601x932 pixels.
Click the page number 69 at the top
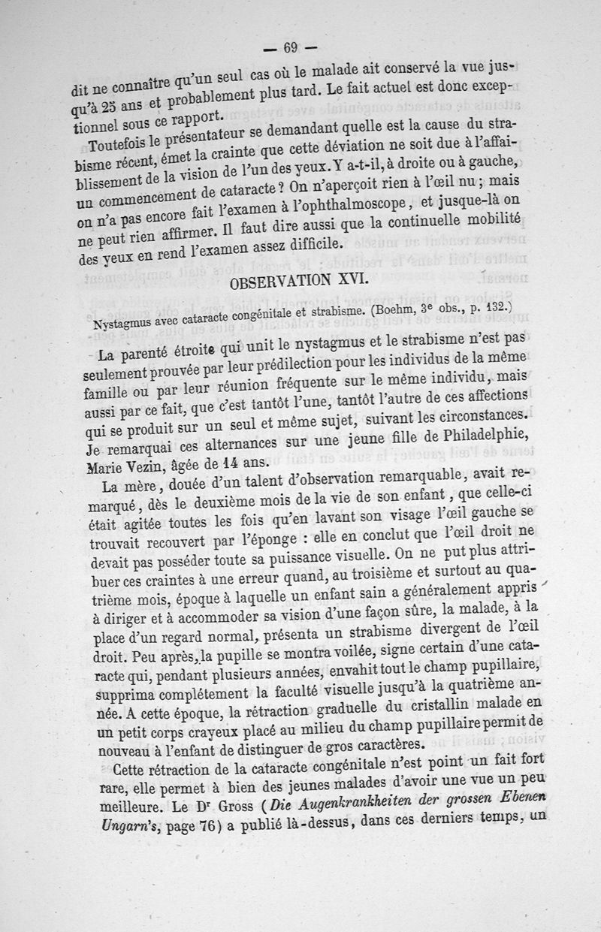pos(291,47)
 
